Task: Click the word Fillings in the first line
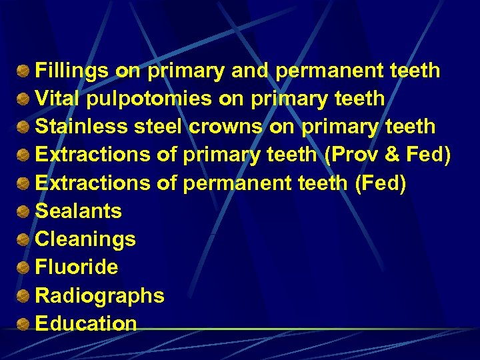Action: (72, 71)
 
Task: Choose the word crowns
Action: (227, 127)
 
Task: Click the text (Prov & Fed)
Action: (387, 155)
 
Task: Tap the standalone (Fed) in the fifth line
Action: (381, 183)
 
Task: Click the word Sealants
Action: (78, 211)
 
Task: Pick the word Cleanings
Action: (85, 239)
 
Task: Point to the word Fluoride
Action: (76, 267)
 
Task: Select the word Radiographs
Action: (99, 295)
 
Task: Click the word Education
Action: (85, 323)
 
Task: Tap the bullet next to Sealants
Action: (23, 212)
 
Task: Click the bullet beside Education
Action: (23, 325)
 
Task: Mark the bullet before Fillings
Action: (23, 71)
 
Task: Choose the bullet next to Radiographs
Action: (23, 296)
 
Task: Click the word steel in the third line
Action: (159, 127)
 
